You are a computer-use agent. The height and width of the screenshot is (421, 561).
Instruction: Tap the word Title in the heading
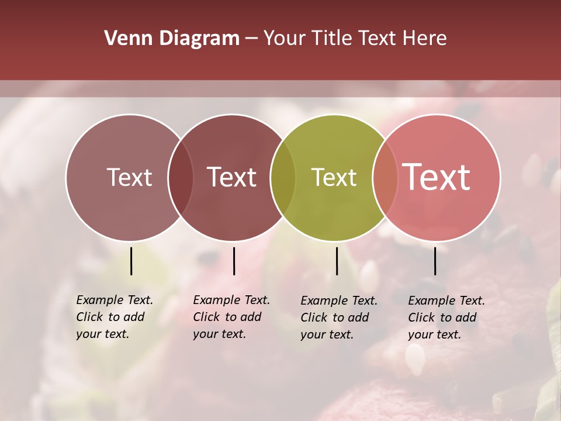pyautogui.click(x=331, y=39)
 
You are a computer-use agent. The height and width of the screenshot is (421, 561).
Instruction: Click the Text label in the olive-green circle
pyautogui.click(x=334, y=178)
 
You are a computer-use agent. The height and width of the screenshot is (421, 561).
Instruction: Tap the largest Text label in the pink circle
pyautogui.click(x=437, y=178)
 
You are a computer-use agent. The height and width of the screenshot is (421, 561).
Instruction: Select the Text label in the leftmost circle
pyautogui.click(x=129, y=178)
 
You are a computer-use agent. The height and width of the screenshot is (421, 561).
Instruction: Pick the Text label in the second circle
pyautogui.click(x=231, y=178)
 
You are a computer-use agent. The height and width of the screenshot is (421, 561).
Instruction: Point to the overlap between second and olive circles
pyautogui.click(x=283, y=178)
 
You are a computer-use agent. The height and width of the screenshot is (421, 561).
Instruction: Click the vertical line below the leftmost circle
pyautogui.click(x=131, y=261)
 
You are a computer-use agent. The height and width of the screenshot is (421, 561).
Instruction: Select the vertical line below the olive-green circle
pyautogui.click(x=337, y=261)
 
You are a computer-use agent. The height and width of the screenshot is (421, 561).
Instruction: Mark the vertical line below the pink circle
pyautogui.click(x=435, y=261)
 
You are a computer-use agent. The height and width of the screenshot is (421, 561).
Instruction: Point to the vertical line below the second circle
pyautogui.click(x=234, y=261)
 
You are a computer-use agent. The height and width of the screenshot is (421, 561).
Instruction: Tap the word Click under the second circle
pyautogui.click(x=206, y=318)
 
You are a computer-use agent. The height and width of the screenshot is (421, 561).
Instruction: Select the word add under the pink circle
pyautogui.click(x=466, y=318)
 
